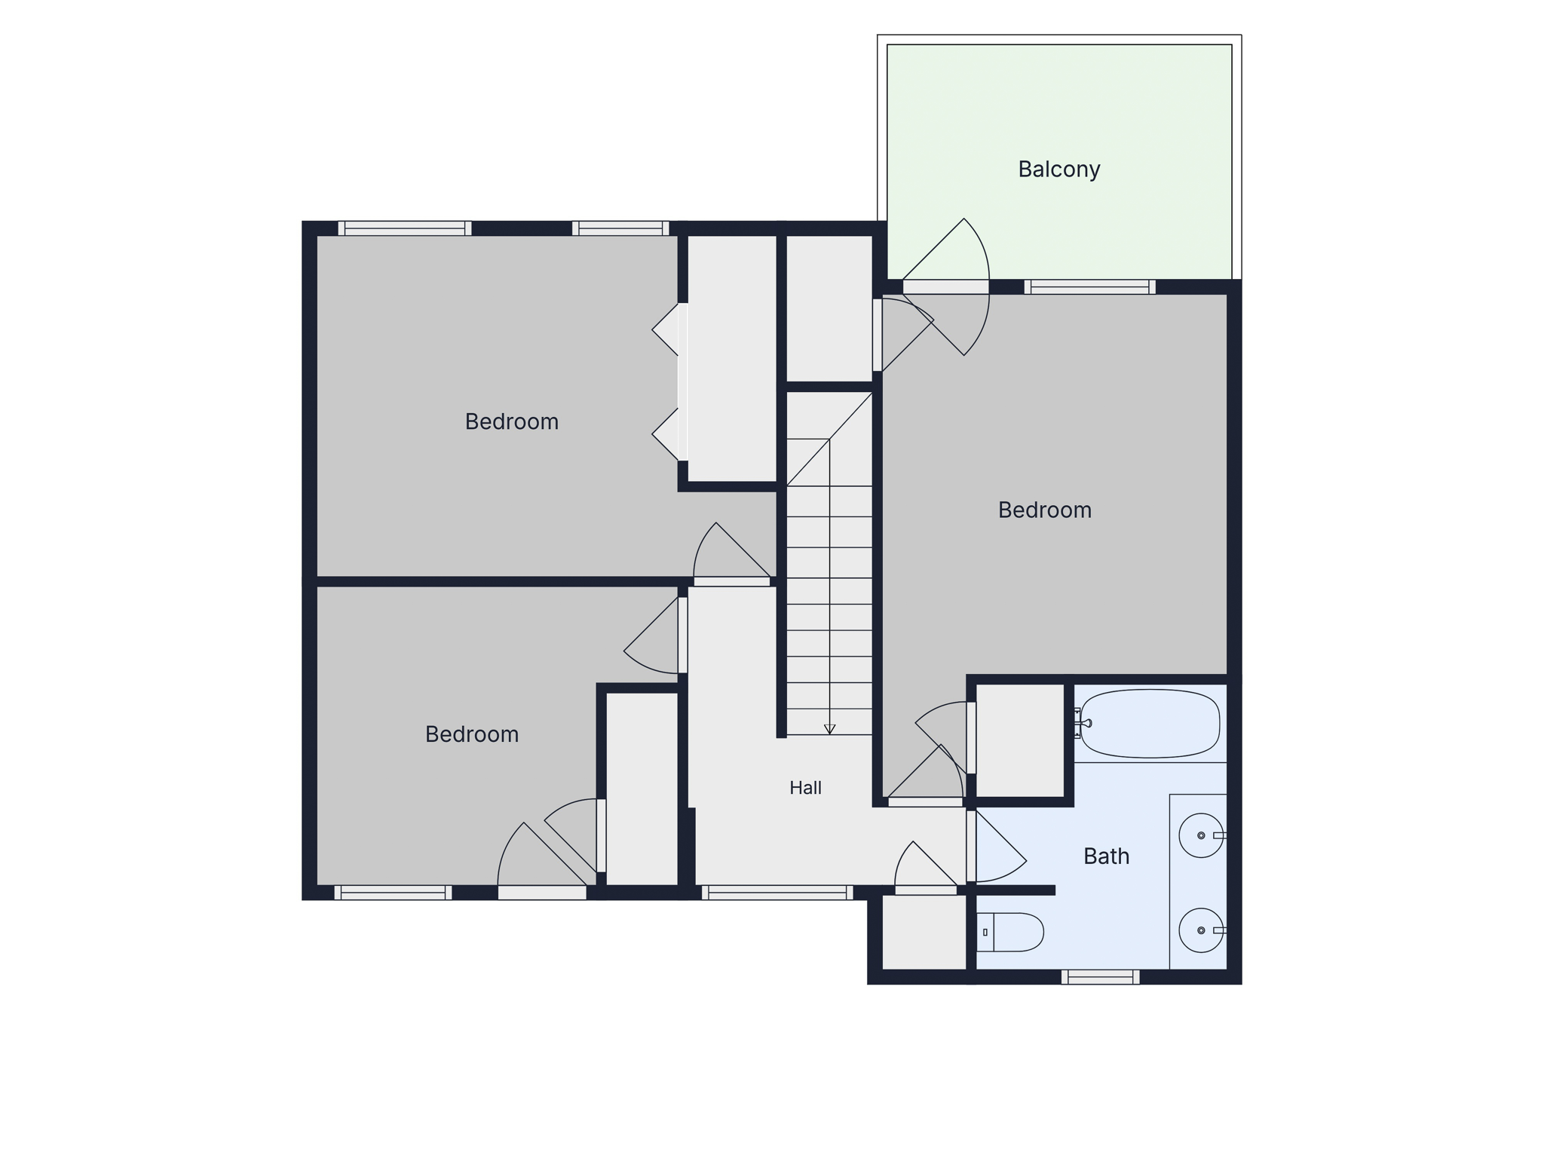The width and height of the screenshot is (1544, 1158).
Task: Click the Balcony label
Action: pyautogui.click(x=1058, y=170)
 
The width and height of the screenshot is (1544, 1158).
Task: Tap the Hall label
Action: pyautogui.click(x=805, y=788)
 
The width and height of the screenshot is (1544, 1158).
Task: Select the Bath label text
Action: pyautogui.click(x=1106, y=856)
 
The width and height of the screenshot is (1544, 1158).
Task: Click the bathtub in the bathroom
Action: pyautogui.click(x=1150, y=723)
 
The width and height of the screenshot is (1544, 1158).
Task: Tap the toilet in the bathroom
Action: pyautogui.click(x=1010, y=932)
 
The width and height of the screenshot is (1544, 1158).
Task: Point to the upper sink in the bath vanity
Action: pyautogui.click(x=1201, y=835)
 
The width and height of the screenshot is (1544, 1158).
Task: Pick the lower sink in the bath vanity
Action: pyautogui.click(x=1201, y=930)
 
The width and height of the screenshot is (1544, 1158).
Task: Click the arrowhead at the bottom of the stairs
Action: pyautogui.click(x=829, y=729)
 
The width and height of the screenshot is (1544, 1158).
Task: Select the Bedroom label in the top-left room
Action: pyautogui.click(x=511, y=421)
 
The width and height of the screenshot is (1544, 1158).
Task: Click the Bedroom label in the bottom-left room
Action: pyautogui.click(x=472, y=734)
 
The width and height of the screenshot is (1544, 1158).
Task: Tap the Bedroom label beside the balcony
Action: pyautogui.click(x=1045, y=510)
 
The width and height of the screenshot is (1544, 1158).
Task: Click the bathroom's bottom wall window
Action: pyautogui.click(x=1100, y=977)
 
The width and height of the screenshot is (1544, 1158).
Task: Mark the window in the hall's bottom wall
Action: pyautogui.click(x=777, y=893)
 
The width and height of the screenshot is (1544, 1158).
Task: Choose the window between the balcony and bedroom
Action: pyautogui.click(x=1089, y=286)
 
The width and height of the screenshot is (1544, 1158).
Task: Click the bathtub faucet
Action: pyautogui.click(x=1083, y=723)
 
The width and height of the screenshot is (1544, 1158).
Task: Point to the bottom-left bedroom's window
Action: pyautogui.click(x=393, y=893)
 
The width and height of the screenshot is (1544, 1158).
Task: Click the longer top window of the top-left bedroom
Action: pyautogui.click(x=405, y=228)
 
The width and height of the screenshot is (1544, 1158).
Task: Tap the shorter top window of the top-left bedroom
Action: pyautogui.click(x=620, y=228)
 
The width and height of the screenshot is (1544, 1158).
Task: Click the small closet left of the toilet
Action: pyautogui.click(x=924, y=932)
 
